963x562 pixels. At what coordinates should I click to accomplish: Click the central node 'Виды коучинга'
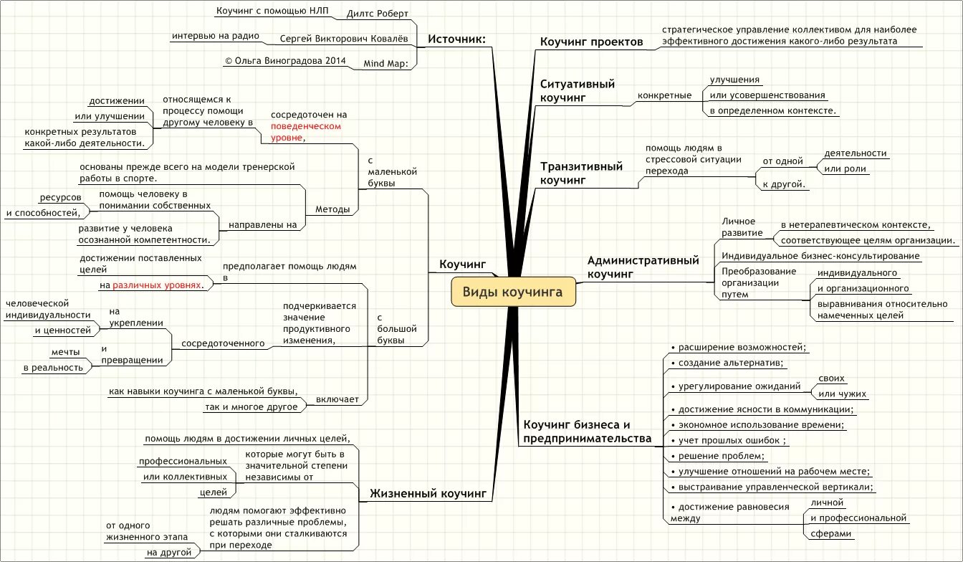(513, 292)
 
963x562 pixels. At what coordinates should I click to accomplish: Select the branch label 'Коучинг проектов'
(591, 42)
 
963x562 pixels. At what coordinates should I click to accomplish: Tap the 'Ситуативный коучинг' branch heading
(578, 90)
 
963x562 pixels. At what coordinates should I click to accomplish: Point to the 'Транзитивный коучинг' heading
(581, 173)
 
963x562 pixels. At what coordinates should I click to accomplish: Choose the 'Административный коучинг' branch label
(643, 267)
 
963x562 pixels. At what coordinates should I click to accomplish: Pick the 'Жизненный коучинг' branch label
(428, 493)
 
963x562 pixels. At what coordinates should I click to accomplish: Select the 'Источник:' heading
(456, 39)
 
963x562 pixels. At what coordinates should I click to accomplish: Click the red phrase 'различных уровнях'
(158, 285)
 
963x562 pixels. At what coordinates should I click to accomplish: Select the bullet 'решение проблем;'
(717, 456)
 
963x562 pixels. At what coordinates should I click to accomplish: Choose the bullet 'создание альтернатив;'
(726, 363)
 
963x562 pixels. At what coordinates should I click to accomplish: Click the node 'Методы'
(332, 209)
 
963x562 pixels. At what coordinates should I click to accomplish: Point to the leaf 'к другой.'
(785, 184)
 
